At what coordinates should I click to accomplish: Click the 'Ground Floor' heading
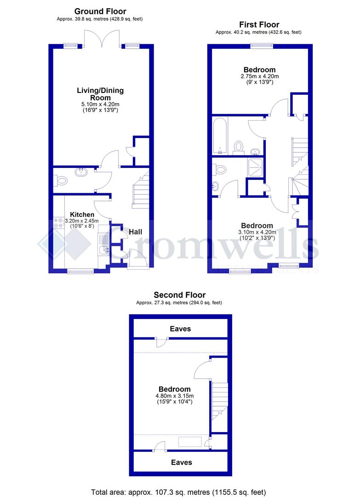[100, 11]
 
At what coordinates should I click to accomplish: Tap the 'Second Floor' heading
[179, 295]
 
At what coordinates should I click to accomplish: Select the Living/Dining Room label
[100, 94]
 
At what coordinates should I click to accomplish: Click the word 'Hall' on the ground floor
[135, 232]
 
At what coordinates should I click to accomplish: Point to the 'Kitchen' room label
[82, 214]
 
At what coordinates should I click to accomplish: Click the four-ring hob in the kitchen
[59, 223]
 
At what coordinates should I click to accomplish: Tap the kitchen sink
[104, 250]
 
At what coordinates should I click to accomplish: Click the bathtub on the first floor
[220, 136]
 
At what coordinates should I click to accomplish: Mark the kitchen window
[81, 272]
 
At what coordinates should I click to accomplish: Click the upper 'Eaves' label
[180, 329]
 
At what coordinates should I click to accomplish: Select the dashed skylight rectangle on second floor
[190, 442]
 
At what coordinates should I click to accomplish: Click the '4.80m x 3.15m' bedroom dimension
[174, 395]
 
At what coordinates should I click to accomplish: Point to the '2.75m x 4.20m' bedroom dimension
[260, 76]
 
